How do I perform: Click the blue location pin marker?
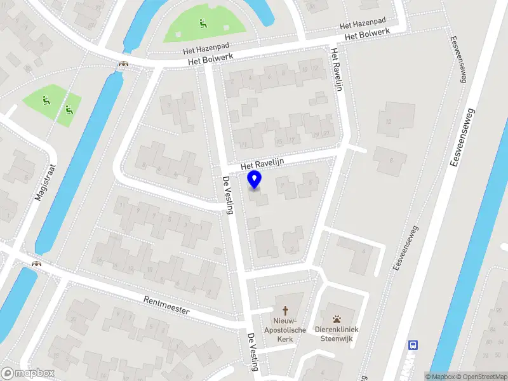(x=255, y=180)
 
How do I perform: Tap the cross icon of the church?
(x=285, y=311)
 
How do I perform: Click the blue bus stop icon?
(x=413, y=345)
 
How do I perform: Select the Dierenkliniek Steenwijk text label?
(x=337, y=334)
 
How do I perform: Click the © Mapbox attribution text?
(x=439, y=377)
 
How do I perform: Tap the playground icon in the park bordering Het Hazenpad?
(x=203, y=24)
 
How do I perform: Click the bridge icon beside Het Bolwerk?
(x=123, y=64)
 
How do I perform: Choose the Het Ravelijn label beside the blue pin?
(x=262, y=163)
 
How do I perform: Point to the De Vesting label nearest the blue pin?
(x=227, y=196)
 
